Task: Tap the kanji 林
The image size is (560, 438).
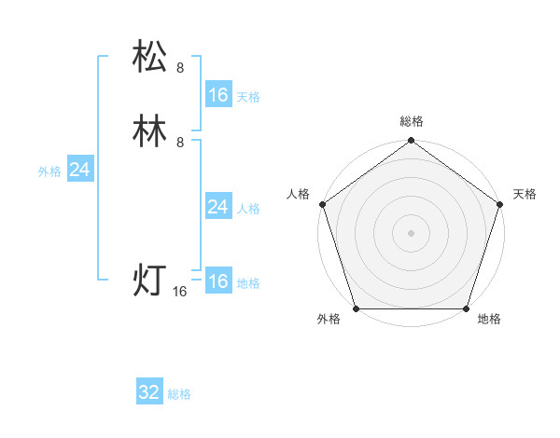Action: pyautogui.click(x=150, y=130)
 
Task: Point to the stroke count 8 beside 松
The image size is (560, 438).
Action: pyautogui.click(x=180, y=67)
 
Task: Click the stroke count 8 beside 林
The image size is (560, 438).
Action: pyautogui.click(x=180, y=142)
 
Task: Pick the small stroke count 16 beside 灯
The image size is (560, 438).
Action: pyautogui.click(x=180, y=292)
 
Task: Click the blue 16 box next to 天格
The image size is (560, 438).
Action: pyautogui.click(x=217, y=95)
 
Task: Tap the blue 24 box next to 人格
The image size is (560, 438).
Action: pyautogui.click(x=217, y=207)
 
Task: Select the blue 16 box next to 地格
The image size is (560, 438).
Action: pyautogui.click(x=217, y=281)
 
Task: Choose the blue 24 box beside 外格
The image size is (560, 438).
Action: pyautogui.click(x=79, y=170)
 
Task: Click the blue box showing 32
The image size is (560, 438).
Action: pyautogui.click(x=149, y=392)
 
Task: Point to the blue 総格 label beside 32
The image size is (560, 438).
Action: pyautogui.click(x=179, y=394)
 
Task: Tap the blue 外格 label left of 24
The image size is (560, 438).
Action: pyautogui.click(x=49, y=171)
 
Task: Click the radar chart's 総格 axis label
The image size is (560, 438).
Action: pyautogui.click(x=411, y=122)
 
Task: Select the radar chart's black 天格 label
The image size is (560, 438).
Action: pyautogui.click(x=525, y=194)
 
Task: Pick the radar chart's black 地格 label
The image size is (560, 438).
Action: pyautogui.click(x=489, y=319)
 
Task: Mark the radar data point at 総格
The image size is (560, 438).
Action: pyautogui.click(x=411, y=142)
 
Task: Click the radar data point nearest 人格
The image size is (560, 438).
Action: pyautogui.click(x=322, y=204)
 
